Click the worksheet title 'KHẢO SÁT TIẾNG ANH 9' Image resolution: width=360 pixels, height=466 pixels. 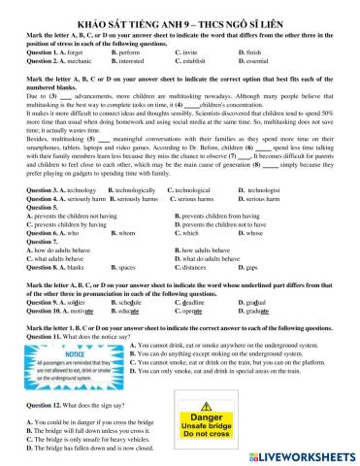(x=180, y=8)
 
